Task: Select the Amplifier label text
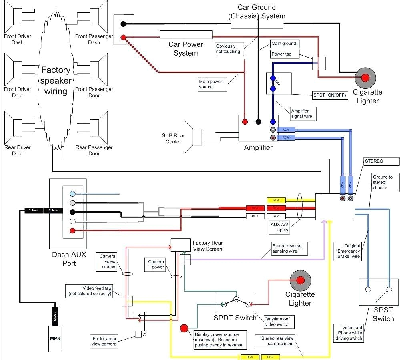[258, 148]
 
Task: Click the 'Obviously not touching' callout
[228, 49]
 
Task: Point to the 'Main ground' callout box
[284, 44]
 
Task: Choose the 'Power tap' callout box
[284, 54]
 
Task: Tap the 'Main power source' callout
[213, 84]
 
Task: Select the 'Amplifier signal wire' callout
[303, 114]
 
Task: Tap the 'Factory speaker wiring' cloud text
[56, 80]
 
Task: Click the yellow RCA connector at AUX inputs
[276, 200]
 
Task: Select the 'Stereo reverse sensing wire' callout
[289, 248]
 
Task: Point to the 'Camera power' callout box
[156, 264]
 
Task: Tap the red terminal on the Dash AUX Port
[72, 231]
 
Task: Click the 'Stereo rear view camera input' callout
[277, 341]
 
